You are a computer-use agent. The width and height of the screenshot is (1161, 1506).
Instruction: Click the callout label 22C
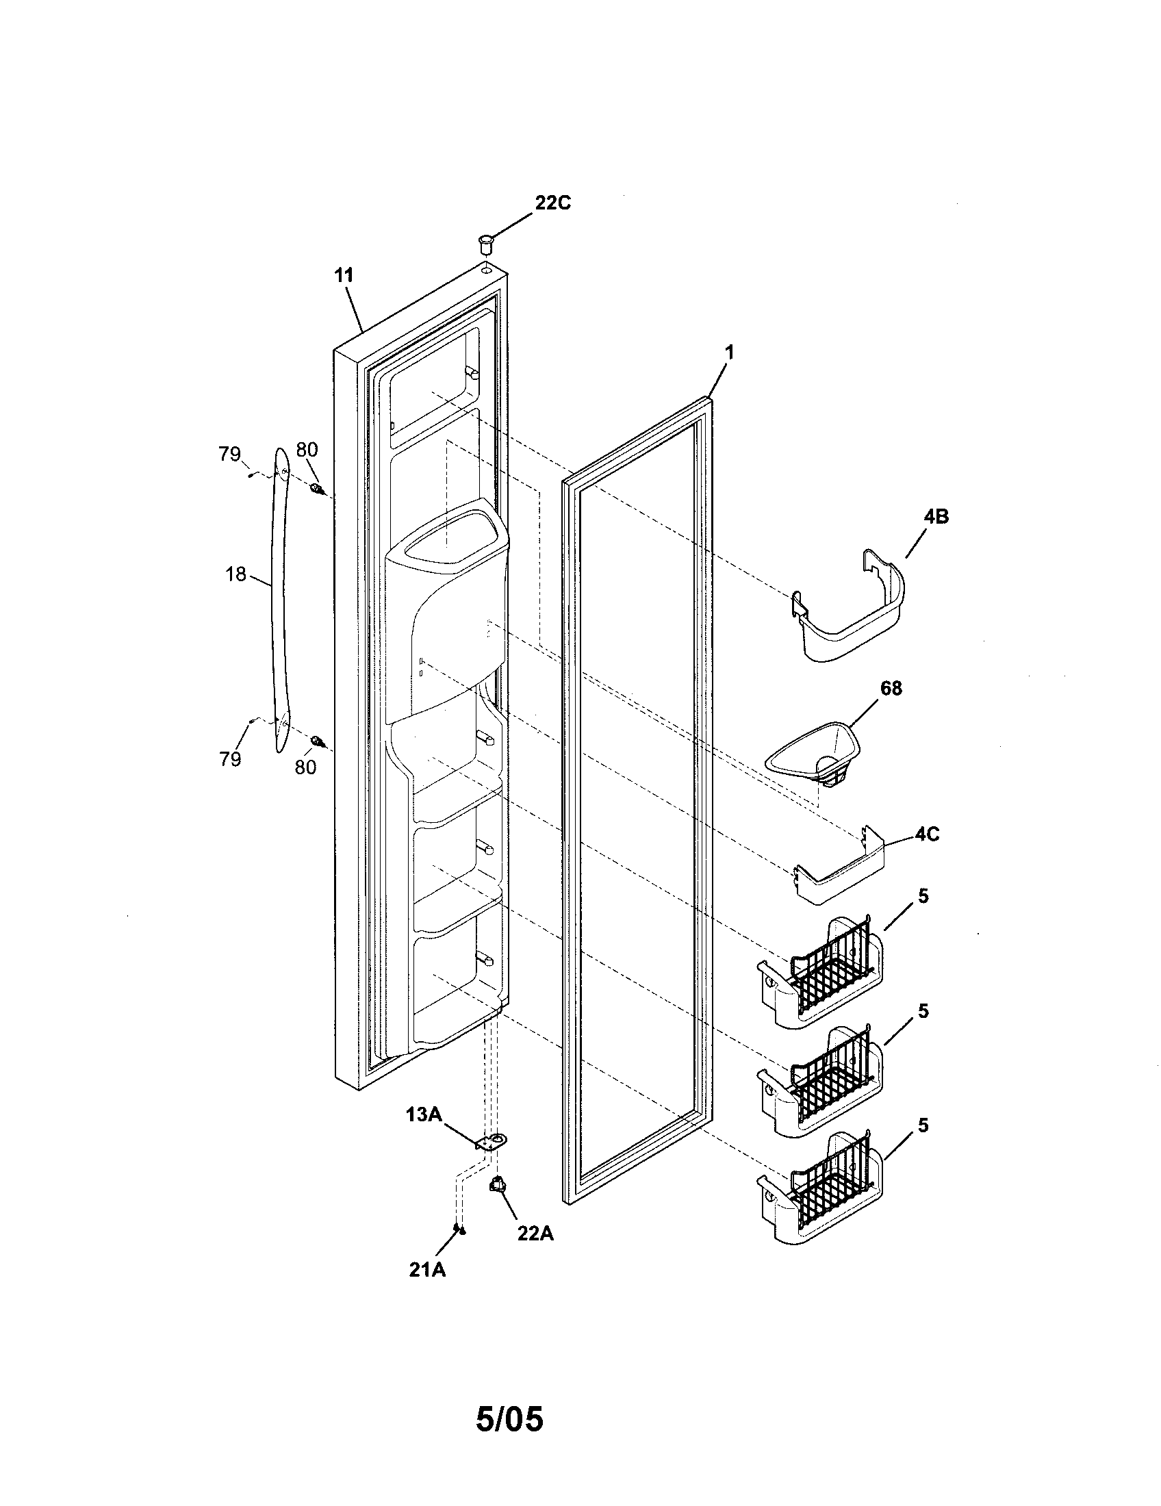(552, 203)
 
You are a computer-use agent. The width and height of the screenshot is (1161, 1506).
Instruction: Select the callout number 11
(344, 276)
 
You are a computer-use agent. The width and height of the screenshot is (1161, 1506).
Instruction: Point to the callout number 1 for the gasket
(729, 353)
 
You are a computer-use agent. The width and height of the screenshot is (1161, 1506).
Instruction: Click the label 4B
(935, 516)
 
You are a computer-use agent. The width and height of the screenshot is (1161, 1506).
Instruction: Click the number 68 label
(891, 688)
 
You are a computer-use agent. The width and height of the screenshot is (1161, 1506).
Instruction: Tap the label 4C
(927, 834)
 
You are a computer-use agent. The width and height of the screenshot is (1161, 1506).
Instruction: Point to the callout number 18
(235, 574)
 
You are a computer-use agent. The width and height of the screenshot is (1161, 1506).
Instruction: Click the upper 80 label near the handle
(307, 450)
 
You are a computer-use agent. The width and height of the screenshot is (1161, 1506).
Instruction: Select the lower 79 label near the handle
(230, 759)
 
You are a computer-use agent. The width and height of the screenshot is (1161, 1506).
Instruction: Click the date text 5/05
(509, 1420)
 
